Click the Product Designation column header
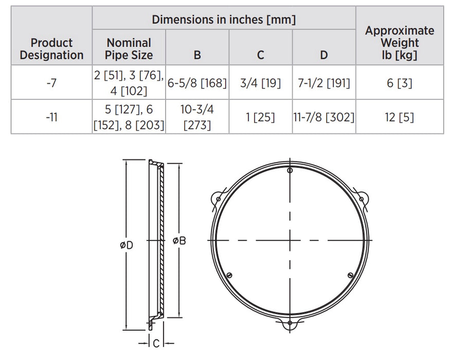[x=51, y=49]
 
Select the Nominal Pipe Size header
[x=129, y=49]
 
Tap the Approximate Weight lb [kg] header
[x=400, y=43]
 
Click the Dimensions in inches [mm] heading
[x=224, y=20]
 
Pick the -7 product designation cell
[x=51, y=82]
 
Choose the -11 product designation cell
[x=51, y=117]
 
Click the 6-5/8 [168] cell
[x=197, y=82]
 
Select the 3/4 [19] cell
[x=261, y=82]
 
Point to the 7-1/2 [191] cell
[x=324, y=82]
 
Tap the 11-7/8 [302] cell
[x=324, y=117]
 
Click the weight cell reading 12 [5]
[x=400, y=117]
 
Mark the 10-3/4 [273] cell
[x=197, y=117]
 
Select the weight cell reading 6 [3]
[x=400, y=82]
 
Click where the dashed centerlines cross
[x=290, y=240]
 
